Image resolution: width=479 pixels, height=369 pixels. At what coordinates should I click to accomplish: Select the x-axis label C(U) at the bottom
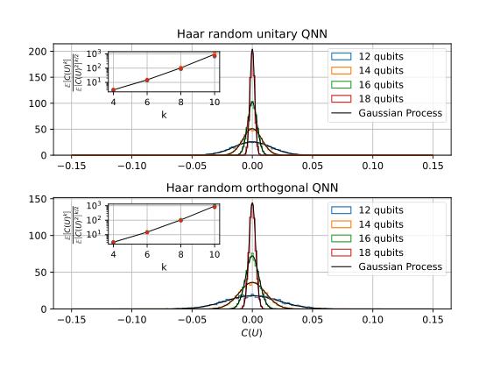click(252, 334)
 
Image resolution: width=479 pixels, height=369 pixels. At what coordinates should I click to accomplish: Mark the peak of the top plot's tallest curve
click(252, 50)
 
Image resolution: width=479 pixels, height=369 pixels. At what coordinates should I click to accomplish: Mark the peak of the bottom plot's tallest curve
click(252, 203)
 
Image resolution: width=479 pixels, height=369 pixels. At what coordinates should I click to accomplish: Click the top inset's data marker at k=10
click(214, 54)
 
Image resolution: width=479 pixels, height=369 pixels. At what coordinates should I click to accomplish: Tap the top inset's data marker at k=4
click(114, 89)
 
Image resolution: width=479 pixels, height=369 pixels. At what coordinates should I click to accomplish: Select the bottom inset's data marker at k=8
click(180, 220)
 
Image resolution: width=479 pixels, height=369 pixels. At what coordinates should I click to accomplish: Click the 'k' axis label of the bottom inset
click(164, 266)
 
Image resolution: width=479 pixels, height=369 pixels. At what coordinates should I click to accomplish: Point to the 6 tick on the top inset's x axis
click(147, 101)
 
